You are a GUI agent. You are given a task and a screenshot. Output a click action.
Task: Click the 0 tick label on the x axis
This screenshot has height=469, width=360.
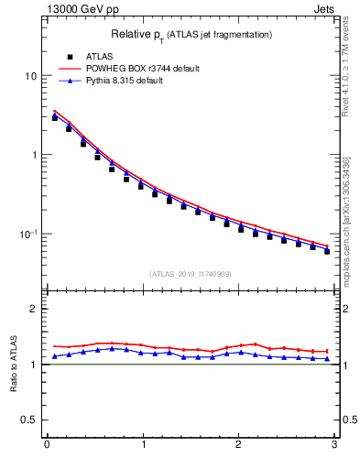click(x=47, y=445)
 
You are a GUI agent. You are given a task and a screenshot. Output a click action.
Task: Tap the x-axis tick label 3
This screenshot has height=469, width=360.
click(x=334, y=445)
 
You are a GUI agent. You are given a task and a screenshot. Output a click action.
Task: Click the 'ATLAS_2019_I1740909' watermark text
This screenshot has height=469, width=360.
click(x=191, y=273)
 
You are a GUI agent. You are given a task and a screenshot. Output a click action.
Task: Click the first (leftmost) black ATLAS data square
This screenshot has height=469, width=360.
click(x=55, y=117)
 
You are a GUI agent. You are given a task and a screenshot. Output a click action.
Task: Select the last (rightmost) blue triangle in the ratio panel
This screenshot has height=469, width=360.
click(x=327, y=359)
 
